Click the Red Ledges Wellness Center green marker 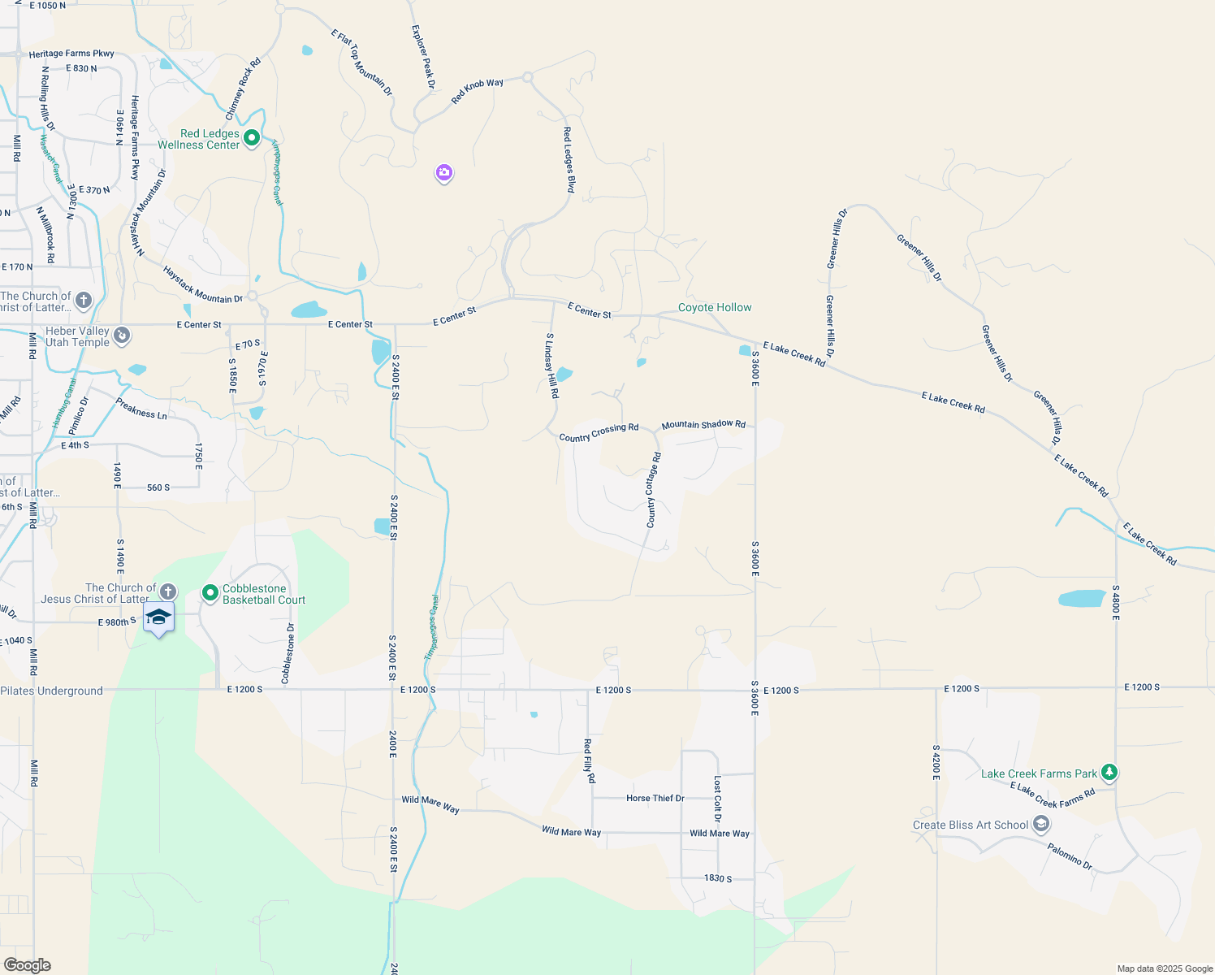[252, 138]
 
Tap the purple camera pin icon [443, 172]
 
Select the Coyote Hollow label [715, 307]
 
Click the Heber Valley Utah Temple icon [122, 336]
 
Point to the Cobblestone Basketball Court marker [210, 594]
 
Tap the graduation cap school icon [158, 617]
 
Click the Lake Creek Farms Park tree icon [1109, 773]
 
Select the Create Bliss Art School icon [1041, 825]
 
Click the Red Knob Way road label [478, 90]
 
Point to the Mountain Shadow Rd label [703, 425]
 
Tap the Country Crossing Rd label [599, 432]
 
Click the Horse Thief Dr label [655, 798]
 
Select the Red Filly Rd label [589, 760]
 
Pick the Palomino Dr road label [1070, 856]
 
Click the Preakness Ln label [141, 409]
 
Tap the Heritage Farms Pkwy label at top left [71, 54]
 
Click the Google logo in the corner [27, 965]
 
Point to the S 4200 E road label [936, 763]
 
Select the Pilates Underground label [52, 691]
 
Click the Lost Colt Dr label [717, 799]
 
